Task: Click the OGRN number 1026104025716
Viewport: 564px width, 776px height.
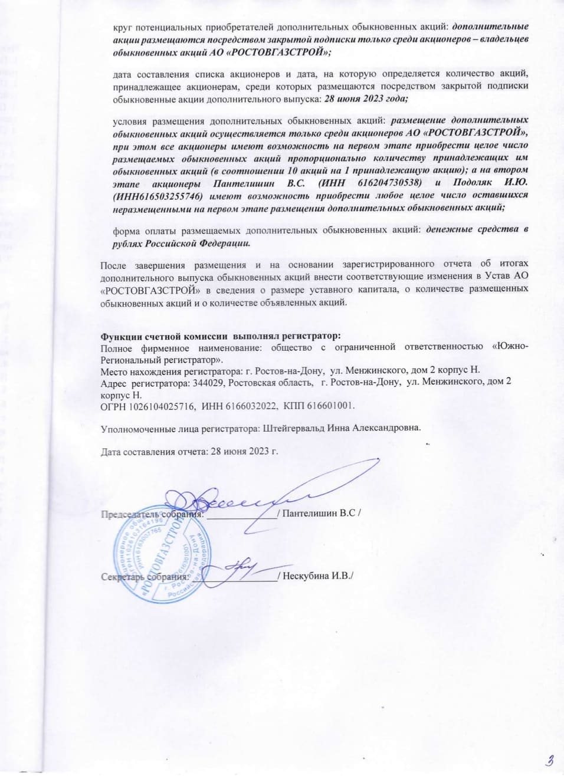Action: coord(159,406)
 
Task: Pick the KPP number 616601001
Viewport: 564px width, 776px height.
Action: coord(330,406)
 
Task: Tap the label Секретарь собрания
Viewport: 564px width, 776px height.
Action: coord(144,577)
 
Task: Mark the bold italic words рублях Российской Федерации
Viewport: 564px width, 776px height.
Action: coord(181,242)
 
